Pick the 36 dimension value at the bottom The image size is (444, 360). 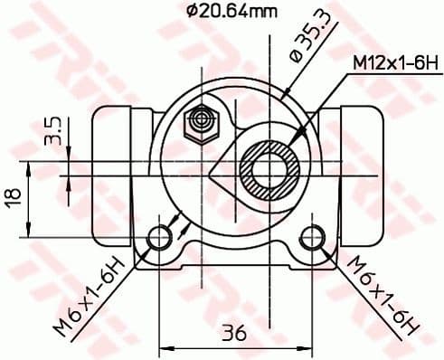coord(235,332)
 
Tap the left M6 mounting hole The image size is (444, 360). coord(160,238)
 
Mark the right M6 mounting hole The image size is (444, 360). coord(312,238)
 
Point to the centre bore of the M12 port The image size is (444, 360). coord(270,169)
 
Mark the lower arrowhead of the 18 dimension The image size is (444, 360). coord(33,232)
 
